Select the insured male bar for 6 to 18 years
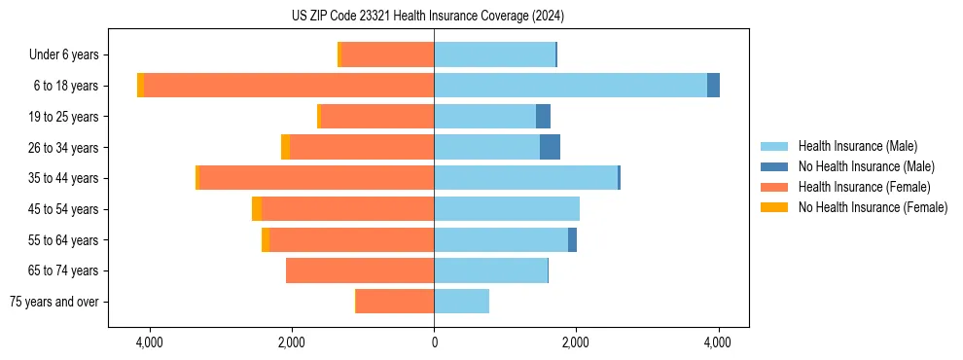tap(570, 86)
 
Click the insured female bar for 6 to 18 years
tap(289, 86)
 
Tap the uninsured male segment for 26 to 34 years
tap(550, 147)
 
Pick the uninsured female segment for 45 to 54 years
tap(257, 209)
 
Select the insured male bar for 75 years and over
tap(461, 302)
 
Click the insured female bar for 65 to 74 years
tap(360, 270)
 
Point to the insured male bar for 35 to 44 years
tap(525, 178)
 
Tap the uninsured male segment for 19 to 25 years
tap(543, 117)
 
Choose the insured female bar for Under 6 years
tap(387, 55)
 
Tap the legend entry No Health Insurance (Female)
tap(873, 207)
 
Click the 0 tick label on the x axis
tap(434, 343)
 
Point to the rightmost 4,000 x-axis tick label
tap(718, 343)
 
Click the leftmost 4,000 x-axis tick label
tap(150, 343)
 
